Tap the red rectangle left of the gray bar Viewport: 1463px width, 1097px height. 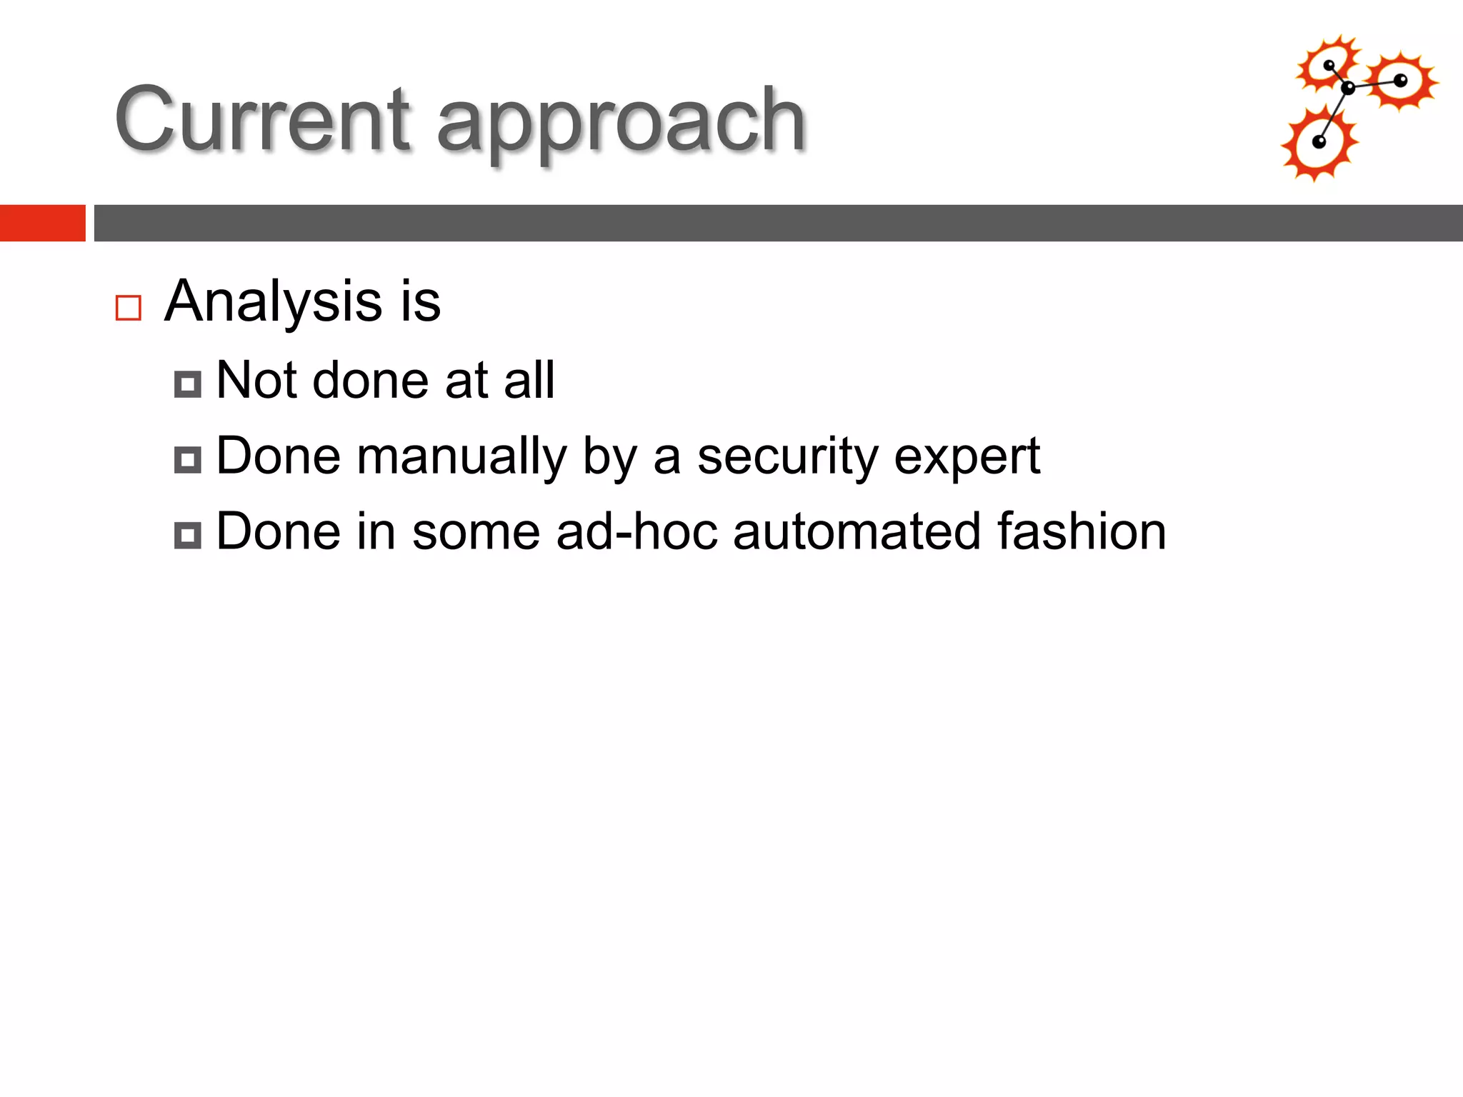click(42, 223)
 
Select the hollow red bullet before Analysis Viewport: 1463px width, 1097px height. click(129, 308)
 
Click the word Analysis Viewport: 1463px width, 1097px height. click(274, 301)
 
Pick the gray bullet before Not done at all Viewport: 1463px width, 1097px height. click(188, 384)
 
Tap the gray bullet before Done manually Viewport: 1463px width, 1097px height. click(188, 460)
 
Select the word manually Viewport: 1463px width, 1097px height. click(461, 457)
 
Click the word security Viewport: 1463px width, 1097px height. click(787, 457)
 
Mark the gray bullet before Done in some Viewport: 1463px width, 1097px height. click(188, 535)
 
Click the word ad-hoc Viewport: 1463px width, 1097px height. click(636, 532)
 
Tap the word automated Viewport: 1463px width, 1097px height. click(857, 532)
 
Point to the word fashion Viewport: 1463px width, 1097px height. click(1082, 532)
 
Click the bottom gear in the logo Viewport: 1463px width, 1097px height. click(1319, 144)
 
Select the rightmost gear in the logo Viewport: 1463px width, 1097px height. click(1401, 81)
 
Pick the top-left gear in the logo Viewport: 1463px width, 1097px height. click(1328, 65)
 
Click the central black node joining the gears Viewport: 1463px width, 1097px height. click(1348, 89)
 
